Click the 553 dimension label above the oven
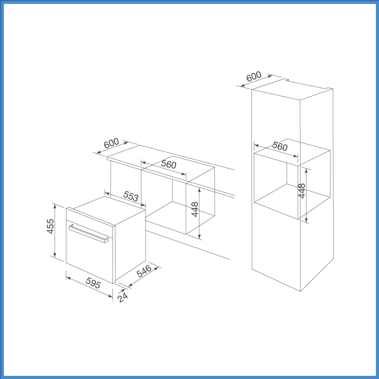(x=131, y=196)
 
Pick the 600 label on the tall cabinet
(x=254, y=77)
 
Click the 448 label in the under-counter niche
(x=195, y=209)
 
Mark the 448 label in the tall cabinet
(x=302, y=191)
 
